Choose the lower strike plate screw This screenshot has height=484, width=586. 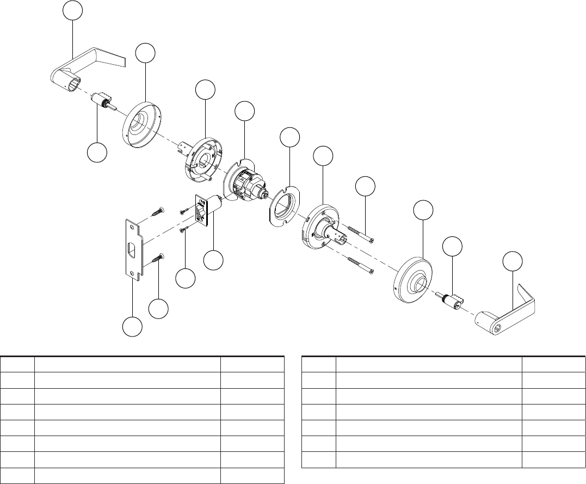157,260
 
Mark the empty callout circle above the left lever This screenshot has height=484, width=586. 72,11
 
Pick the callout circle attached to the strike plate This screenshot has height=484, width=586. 132,328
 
